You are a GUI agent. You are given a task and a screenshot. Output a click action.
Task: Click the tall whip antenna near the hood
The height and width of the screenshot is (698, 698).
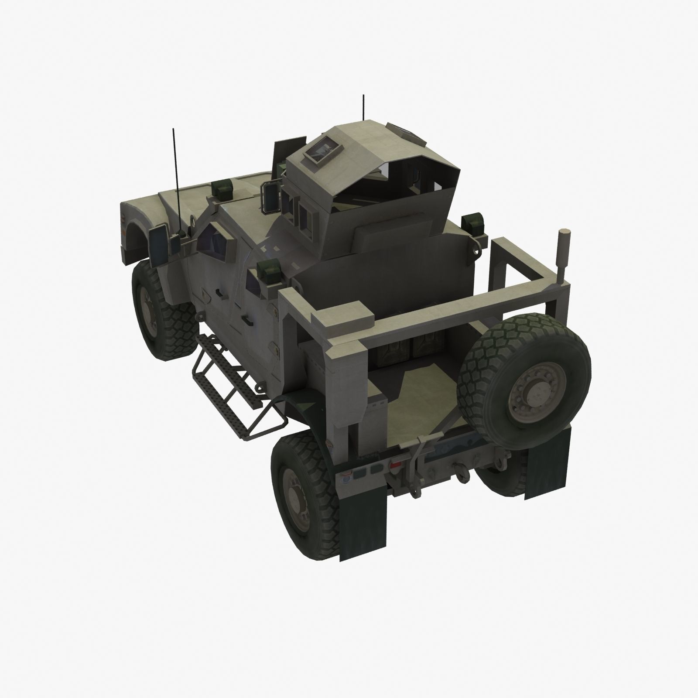176,174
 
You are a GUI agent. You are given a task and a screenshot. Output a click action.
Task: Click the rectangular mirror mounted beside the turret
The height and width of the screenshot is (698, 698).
269,193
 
